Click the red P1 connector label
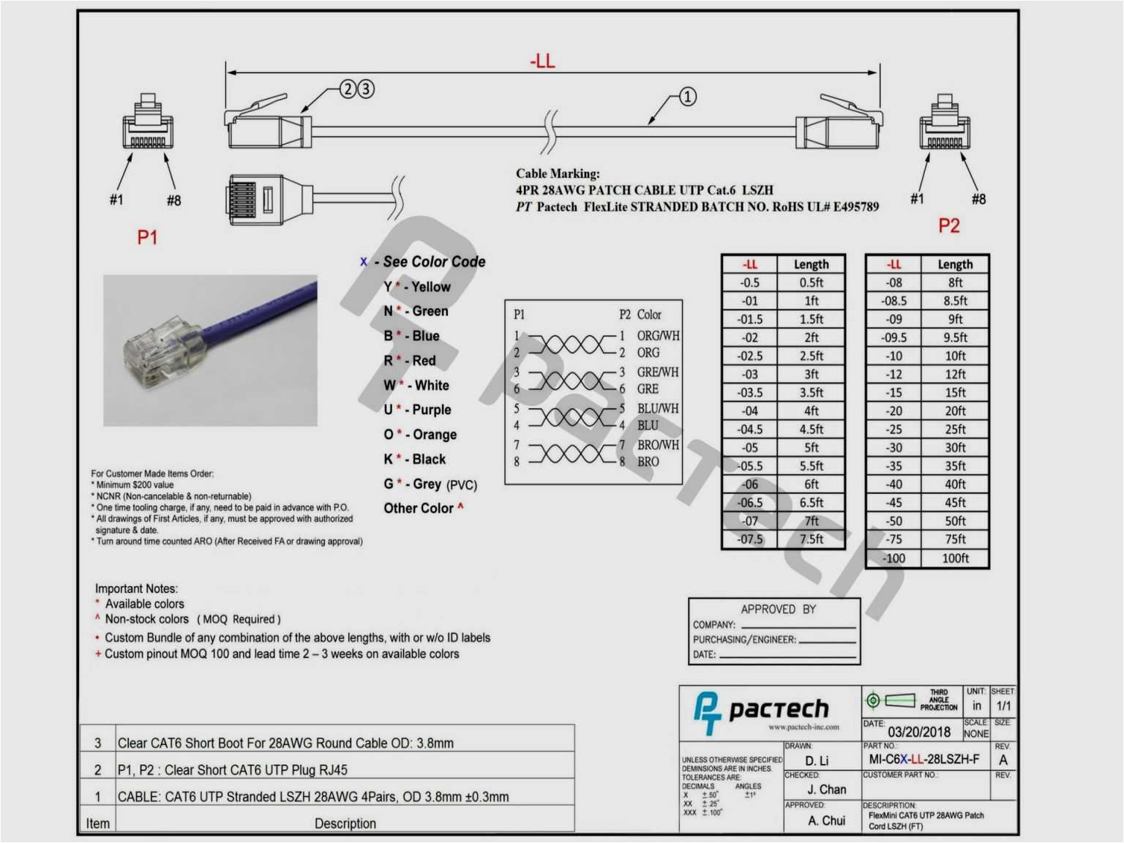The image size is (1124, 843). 147,237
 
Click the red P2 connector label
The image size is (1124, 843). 948,225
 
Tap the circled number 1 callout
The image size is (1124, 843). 687,97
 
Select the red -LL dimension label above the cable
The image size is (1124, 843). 542,61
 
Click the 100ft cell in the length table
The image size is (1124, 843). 955,558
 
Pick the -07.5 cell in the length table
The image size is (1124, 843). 750,539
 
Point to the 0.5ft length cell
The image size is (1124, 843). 811,282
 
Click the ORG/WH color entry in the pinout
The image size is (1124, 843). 658,336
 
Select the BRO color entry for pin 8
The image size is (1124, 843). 648,462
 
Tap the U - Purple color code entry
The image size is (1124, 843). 418,410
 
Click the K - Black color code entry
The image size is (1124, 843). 415,460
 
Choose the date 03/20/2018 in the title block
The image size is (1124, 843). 919,732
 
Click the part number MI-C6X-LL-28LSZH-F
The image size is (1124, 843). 923,760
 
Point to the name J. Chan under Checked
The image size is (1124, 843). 826,790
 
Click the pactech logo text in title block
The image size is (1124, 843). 779,709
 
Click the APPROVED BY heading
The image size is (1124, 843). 778,610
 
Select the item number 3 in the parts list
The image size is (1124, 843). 98,743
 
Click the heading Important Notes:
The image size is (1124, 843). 136,588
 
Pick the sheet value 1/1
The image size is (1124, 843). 1003,706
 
